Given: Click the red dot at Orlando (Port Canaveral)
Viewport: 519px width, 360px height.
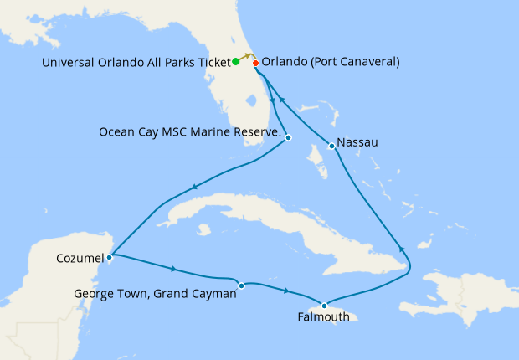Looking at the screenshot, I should (255, 63).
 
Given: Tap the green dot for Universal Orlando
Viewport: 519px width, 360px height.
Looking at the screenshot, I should (236, 61).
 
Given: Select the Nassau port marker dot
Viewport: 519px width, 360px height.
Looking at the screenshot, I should (332, 147).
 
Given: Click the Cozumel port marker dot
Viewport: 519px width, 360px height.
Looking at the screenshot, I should (110, 257).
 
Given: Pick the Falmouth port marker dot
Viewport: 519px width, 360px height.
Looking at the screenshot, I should (325, 305).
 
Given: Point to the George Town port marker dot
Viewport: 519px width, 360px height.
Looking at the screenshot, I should (241, 285).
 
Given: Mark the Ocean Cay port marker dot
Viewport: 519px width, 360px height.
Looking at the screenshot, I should (288, 137).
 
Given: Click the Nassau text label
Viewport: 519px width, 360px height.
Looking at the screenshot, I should (357, 142).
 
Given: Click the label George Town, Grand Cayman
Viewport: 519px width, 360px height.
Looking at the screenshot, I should (155, 294).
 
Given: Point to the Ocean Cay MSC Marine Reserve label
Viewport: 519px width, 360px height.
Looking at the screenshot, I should (188, 131).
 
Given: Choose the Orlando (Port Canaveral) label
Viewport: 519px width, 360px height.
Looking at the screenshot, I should (331, 62).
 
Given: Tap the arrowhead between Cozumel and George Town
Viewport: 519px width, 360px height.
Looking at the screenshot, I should (173, 270).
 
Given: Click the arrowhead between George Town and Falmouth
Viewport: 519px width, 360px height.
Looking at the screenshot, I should (288, 291).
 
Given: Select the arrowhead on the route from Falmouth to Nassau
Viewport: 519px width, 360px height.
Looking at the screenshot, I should (401, 249).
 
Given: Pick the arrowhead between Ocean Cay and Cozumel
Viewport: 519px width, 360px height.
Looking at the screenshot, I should (194, 187).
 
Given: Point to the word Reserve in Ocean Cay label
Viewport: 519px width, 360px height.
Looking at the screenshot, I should (255, 131).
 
